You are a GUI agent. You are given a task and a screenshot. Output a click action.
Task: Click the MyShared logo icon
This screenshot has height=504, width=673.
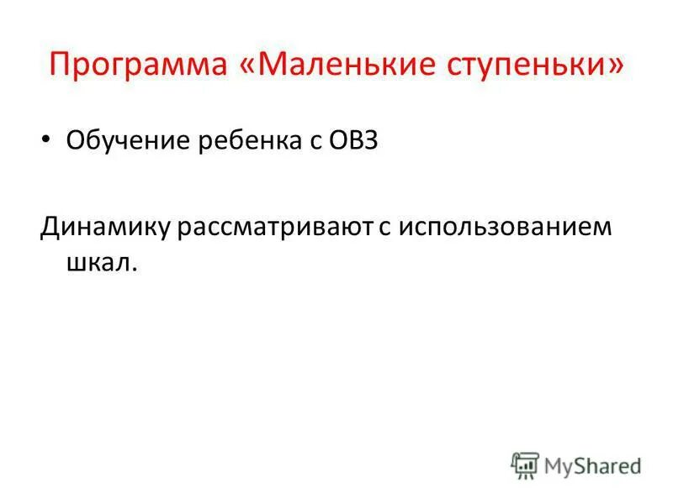click(x=525, y=465)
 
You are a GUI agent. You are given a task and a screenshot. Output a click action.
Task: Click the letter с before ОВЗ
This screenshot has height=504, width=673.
click(x=313, y=143)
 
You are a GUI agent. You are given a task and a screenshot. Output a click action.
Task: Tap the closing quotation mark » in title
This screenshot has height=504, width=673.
click(x=617, y=65)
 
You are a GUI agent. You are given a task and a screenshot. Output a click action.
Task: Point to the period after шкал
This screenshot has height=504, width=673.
click(x=133, y=270)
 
